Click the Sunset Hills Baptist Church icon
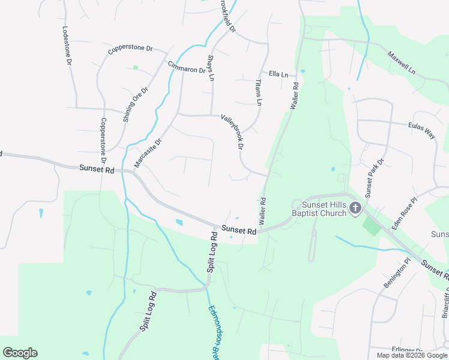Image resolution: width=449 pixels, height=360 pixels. [355, 208]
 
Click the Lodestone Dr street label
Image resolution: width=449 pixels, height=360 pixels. [67, 46]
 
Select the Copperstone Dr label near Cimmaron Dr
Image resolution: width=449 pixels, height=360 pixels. [131, 50]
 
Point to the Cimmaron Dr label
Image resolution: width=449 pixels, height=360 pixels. [187, 68]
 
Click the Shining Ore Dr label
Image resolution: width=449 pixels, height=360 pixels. [135, 104]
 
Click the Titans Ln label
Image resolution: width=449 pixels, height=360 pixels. [259, 92]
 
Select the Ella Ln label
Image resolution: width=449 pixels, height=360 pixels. [279, 74]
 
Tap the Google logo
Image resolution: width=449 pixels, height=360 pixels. [20, 353]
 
